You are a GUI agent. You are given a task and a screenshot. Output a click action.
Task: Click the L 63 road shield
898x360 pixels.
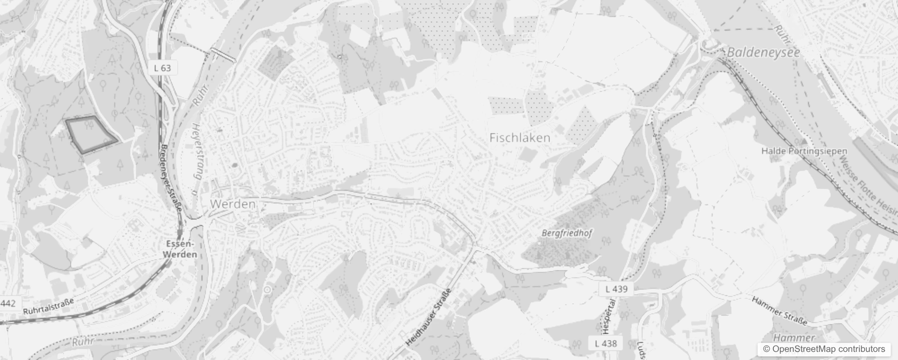162,68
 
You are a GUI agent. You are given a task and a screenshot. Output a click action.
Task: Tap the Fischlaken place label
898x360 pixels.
520,138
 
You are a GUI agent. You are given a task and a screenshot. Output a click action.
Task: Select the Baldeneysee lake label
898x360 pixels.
763,52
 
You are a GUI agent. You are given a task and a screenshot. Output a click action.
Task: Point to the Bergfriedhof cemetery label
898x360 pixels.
567,233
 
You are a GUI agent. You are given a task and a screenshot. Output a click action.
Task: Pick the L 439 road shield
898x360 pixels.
616,289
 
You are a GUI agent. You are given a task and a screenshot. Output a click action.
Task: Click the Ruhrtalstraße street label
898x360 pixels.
48,307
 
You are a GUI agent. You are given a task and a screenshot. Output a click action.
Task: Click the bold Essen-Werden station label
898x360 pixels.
180,249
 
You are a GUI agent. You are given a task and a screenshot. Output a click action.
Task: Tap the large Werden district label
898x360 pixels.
233,204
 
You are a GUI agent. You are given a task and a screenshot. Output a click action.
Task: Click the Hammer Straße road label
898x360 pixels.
780,310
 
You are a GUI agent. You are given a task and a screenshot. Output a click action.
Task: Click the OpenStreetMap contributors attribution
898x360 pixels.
823,349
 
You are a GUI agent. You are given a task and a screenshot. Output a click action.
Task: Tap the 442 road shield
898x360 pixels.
8,303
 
